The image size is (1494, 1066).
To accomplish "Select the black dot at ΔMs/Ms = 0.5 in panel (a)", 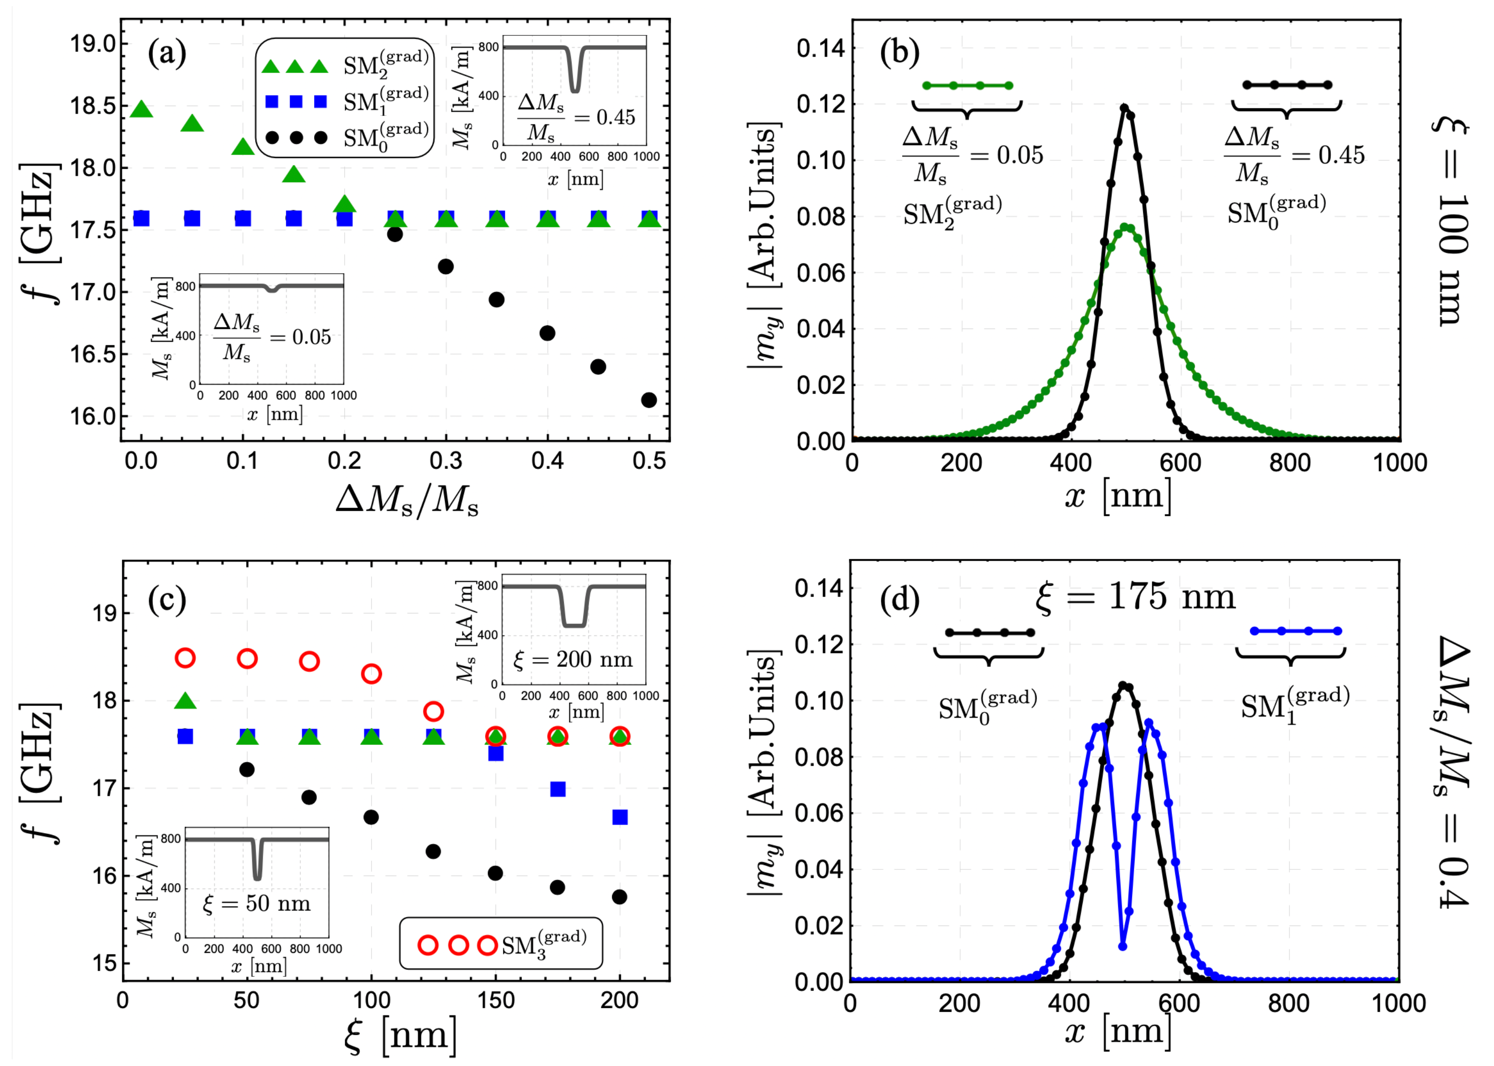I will tap(648, 400).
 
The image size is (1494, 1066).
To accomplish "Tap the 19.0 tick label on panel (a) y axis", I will tap(92, 44).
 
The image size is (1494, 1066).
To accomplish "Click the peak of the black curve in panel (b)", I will tap(1124, 107).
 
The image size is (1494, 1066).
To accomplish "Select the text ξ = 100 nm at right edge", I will tap(1452, 223).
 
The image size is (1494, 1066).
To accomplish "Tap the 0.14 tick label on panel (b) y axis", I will tap(821, 48).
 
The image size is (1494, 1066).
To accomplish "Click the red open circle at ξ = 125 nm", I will tap(433, 711).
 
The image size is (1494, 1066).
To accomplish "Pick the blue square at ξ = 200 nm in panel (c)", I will tap(620, 817).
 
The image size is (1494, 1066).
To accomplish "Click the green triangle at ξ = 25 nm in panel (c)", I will tap(185, 702).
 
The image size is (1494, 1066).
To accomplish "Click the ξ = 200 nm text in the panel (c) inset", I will tap(573, 659).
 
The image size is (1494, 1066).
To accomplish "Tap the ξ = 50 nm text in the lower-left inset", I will tap(257, 903).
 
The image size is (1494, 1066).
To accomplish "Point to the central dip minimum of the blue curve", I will tap(1122, 946).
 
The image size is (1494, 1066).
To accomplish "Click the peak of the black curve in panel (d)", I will tap(1123, 685).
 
